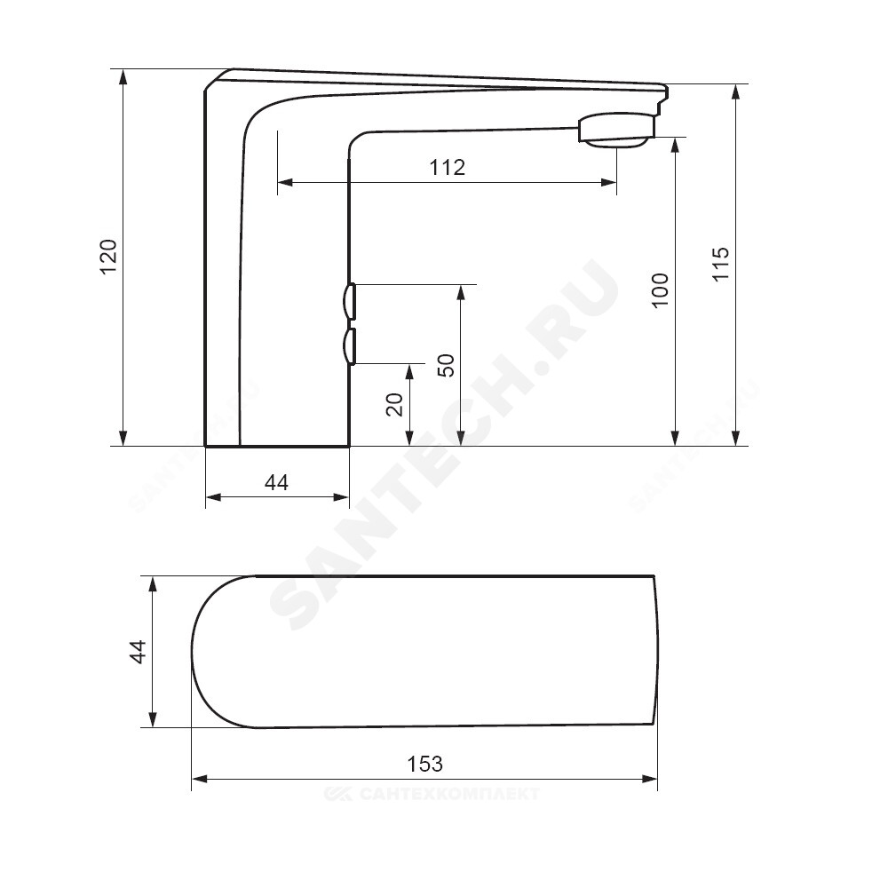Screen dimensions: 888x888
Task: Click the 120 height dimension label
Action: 108,257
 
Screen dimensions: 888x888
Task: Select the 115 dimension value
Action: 721,264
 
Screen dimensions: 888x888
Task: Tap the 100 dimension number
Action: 661,290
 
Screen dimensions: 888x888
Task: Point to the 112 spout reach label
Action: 448,167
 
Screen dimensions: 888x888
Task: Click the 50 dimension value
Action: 447,365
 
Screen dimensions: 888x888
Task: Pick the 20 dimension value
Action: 395,404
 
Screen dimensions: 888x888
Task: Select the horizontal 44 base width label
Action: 276,482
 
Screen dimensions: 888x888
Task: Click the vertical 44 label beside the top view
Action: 139,651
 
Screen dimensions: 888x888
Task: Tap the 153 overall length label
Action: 424,764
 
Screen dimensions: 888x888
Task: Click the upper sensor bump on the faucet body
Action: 349,301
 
